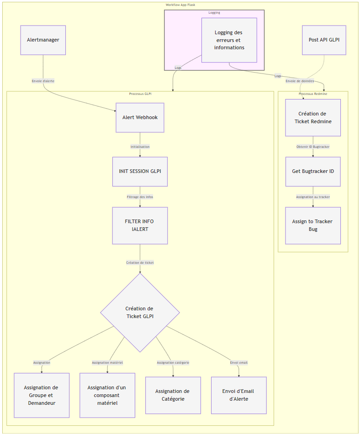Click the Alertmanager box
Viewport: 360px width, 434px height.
(43, 40)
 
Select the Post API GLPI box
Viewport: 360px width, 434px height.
(324, 40)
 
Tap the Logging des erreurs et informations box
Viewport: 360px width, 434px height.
(229, 40)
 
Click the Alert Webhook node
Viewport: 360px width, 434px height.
(140, 118)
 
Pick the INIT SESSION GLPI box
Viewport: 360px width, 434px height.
(140, 172)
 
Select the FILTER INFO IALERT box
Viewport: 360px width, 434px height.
(140, 225)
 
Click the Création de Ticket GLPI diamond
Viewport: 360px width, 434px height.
(140, 313)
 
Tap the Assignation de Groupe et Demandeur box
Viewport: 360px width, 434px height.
(42, 395)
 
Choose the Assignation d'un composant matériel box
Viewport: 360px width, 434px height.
(107, 395)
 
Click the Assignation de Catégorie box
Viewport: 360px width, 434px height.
(173, 395)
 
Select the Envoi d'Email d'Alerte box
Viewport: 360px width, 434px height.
(238, 395)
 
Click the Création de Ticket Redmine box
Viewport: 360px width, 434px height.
(313, 118)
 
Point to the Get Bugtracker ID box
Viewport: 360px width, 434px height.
(313, 172)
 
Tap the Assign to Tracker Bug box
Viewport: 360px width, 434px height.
(313, 225)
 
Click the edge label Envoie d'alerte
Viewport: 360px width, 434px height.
(43, 81)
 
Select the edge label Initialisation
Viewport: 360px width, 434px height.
(140, 147)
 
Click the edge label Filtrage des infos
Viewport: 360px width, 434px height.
(140, 197)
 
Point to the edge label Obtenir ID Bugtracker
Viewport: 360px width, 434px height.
(313, 147)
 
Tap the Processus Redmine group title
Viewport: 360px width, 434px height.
(313, 94)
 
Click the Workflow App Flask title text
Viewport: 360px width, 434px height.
(180, 5)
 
